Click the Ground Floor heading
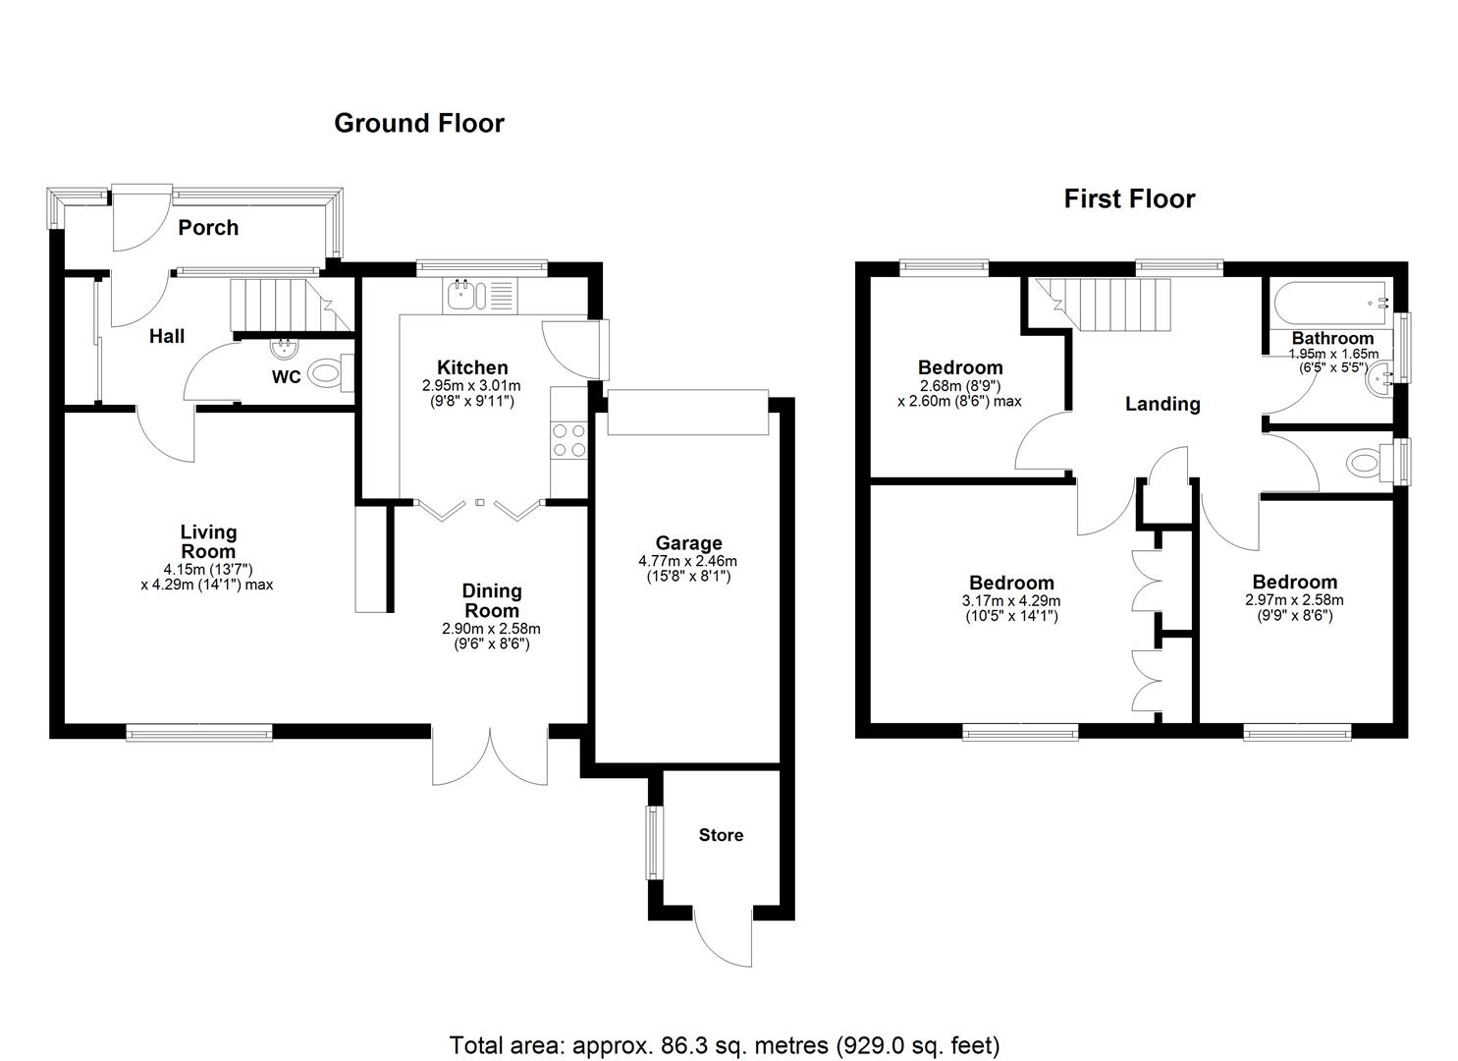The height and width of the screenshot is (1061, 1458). [x=419, y=123]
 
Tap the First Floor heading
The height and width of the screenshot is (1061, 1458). [x=1129, y=198]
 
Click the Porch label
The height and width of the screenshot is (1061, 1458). [x=208, y=227]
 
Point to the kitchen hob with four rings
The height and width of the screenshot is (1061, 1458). [x=568, y=440]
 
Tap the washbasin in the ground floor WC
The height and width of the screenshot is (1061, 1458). [x=285, y=349]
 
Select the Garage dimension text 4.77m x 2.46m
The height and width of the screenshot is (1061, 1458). [x=688, y=561]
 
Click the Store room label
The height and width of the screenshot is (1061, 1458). [x=721, y=835]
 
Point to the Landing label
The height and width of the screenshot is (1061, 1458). [x=1162, y=404]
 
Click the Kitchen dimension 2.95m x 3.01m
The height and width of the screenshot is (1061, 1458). [x=471, y=385]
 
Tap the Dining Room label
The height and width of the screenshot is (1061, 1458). [x=492, y=600]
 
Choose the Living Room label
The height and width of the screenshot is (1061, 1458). [x=208, y=542]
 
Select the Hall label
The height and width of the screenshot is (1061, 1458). [x=167, y=336]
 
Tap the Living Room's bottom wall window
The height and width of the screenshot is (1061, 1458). [x=199, y=733]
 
